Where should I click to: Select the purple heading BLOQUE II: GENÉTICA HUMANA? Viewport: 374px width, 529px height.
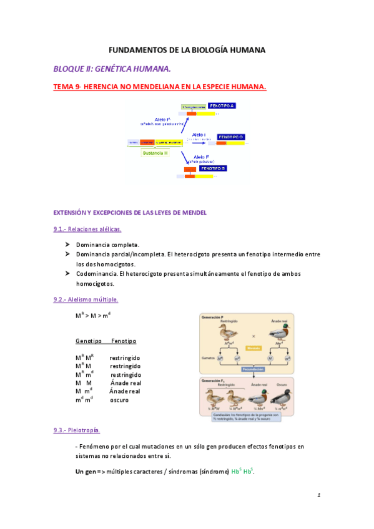click(x=111, y=69)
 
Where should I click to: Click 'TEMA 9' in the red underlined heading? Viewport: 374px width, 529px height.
click(x=66, y=87)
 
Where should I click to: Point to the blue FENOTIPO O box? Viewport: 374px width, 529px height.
click(x=230, y=137)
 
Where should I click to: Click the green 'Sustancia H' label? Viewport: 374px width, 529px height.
click(x=155, y=152)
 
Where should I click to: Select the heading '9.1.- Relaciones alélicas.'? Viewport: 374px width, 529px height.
click(x=87, y=229)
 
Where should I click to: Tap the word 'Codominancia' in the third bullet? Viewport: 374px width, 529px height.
click(x=96, y=274)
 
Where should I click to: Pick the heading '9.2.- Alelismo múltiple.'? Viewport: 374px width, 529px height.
click(x=86, y=299)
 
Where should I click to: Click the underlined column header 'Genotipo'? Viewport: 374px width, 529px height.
click(x=88, y=341)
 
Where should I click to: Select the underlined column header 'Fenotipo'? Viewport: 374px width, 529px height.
click(x=123, y=341)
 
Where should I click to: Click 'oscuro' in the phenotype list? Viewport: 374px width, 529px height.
click(x=119, y=399)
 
